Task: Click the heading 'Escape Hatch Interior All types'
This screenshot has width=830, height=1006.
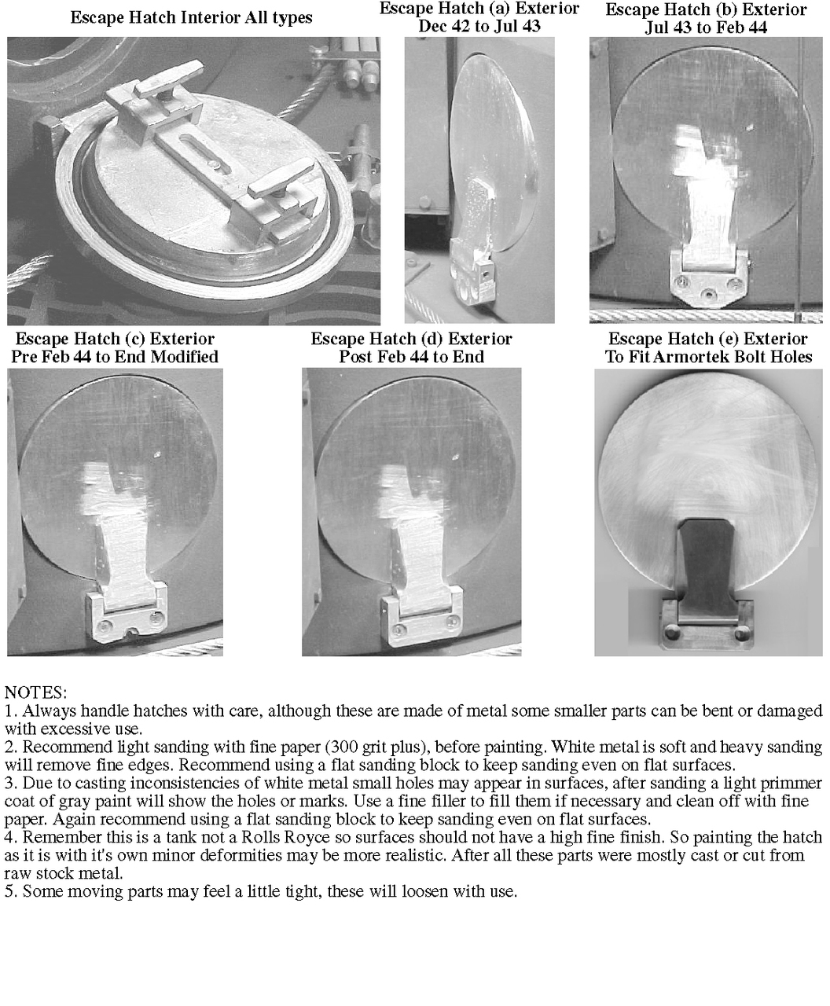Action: pyautogui.click(x=191, y=18)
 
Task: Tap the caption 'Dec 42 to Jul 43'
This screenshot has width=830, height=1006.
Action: pyautogui.click(x=479, y=26)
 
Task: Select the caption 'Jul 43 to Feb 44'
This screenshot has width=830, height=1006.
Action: pyautogui.click(x=706, y=27)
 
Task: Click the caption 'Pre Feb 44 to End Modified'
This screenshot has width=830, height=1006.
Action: pyautogui.click(x=115, y=357)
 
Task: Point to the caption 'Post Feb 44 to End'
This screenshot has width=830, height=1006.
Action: pyautogui.click(x=411, y=357)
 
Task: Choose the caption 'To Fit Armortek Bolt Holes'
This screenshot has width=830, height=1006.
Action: pyautogui.click(x=708, y=357)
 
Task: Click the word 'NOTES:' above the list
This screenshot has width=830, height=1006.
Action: pyautogui.click(x=35, y=692)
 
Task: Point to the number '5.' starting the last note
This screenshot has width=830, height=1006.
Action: pyautogui.click(x=11, y=891)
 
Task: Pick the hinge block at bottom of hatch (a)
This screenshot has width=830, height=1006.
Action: pyautogui.click(x=475, y=285)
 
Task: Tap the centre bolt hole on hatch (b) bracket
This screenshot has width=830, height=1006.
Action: pyautogui.click(x=707, y=293)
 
